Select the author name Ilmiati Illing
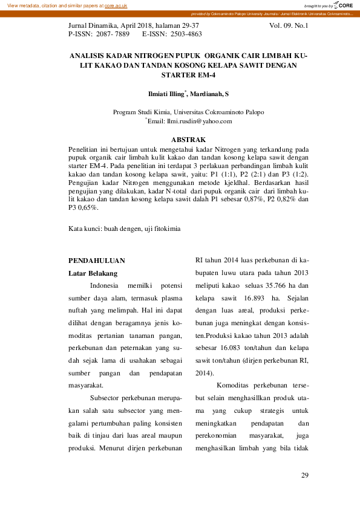[x=166, y=94]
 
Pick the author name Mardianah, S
[x=210, y=94]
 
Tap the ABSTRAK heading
[x=188, y=140]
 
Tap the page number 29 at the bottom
[x=305, y=476]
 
